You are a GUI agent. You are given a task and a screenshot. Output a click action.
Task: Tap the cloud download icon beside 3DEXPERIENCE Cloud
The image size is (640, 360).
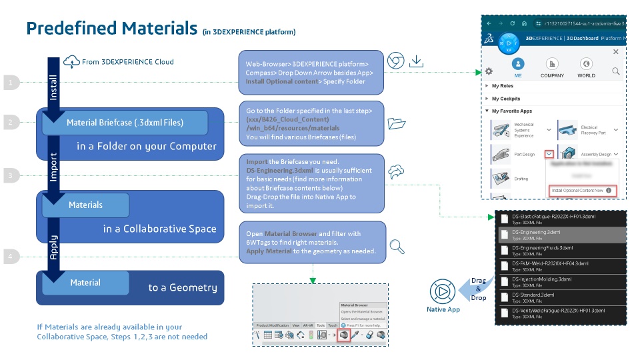pyautogui.click(x=71, y=63)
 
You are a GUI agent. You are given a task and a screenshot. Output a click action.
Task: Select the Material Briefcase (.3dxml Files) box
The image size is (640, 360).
pyautogui.click(x=125, y=123)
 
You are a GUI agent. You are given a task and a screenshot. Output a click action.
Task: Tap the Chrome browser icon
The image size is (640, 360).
pyautogui.click(x=395, y=61)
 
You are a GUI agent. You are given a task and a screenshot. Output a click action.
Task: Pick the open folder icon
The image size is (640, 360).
pyautogui.click(x=396, y=123)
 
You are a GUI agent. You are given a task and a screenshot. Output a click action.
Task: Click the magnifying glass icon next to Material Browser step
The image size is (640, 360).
pyautogui.click(x=397, y=247)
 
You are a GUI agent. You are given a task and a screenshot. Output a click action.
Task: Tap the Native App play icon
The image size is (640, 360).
pyautogui.click(x=442, y=291)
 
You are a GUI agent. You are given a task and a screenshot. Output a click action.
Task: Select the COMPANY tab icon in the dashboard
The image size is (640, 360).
pyautogui.click(x=552, y=65)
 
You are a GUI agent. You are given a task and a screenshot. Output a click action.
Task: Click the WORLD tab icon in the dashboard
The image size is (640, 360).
pyautogui.click(x=587, y=65)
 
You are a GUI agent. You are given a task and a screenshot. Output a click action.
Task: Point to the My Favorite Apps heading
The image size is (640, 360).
pyautogui.click(x=511, y=111)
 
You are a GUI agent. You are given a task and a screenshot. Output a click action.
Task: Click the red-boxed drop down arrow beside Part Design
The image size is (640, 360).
pyautogui.click(x=549, y=154)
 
